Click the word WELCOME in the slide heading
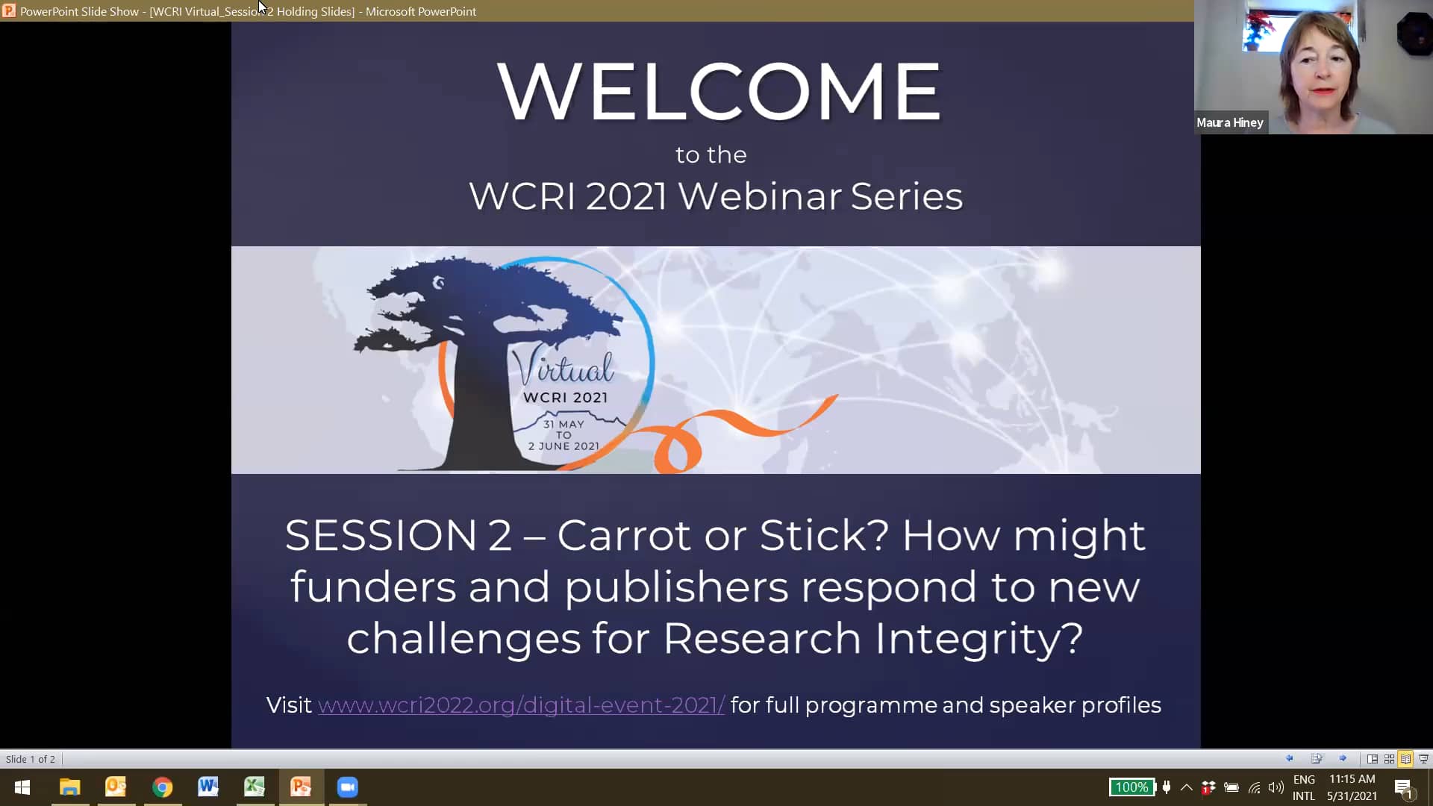pyautogui.click(x=719, y=91)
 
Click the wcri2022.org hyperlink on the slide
pyautogui.click(x=521, y=705)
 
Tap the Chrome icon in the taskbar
pyautogui.click(x=162, y=787)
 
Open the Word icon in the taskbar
pyautogui.click(x=208, y=787)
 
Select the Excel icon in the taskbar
pyautogui.click(x=255, y=787)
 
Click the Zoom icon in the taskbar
pyautogui.click(x=347, y=787)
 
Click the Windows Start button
pyautogui.click(x=22, y=787)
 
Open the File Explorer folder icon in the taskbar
pyautogui.click(x=69, y=787)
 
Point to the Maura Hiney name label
pyautogui.click(x=1230, y=122)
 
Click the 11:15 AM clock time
pyautogui.click(x=1352, y=779)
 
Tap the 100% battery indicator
pyautogui.click(x=1131, y=787)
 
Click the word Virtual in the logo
pyautogui.click(x=563, y=366)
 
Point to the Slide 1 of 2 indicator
pyautogui.click(x=31, y=759)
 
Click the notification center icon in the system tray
pyautogui.click(x=1403, y=788)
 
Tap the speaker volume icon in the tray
pyautogui.click(x=1276, y=787)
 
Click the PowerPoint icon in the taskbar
pyautogui.click(x=301, y=787)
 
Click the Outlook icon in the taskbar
pyautogui.click(x=116, y=787)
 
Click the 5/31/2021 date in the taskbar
pyautogui.click(x=1352, y=796)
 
